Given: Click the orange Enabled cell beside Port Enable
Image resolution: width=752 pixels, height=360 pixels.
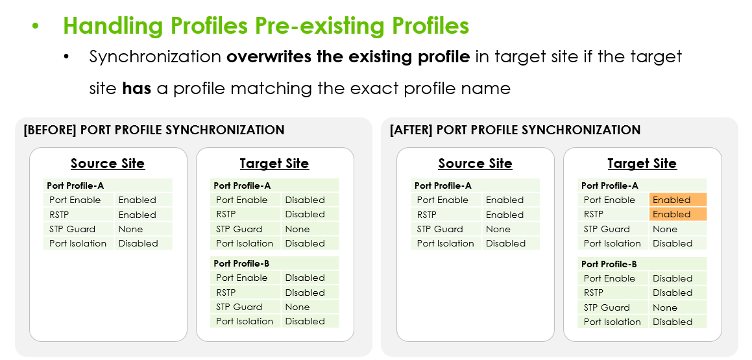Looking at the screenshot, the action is (x=677, y=200).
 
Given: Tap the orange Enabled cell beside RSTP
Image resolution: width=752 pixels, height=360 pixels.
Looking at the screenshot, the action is (x=677, y=214).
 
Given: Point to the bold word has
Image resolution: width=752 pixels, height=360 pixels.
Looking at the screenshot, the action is (x=137, y=88).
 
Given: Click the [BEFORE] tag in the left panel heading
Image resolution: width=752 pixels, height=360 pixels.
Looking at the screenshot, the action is (x=50, y=130).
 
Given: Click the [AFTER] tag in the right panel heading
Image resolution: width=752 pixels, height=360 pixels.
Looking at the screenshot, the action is (x=413, y=130).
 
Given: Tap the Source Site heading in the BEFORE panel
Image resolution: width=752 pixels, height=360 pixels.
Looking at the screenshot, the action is (x=108, y=163).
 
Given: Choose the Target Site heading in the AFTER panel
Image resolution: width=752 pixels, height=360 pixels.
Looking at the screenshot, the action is (x=642, y=163).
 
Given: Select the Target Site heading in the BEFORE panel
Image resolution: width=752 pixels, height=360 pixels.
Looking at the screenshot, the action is (x=274, y=163).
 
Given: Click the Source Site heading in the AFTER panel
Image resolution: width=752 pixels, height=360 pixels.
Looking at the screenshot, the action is (x=476, y=163).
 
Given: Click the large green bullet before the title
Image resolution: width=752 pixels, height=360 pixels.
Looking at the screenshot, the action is (x=35, y=27).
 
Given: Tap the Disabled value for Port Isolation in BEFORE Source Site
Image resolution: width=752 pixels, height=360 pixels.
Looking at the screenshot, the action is (x=138, y=243).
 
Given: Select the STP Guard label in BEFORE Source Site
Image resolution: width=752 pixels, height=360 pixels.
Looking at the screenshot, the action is (x=73, y=229).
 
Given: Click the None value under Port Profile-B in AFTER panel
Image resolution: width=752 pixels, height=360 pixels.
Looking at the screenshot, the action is (x=665, y=307).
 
